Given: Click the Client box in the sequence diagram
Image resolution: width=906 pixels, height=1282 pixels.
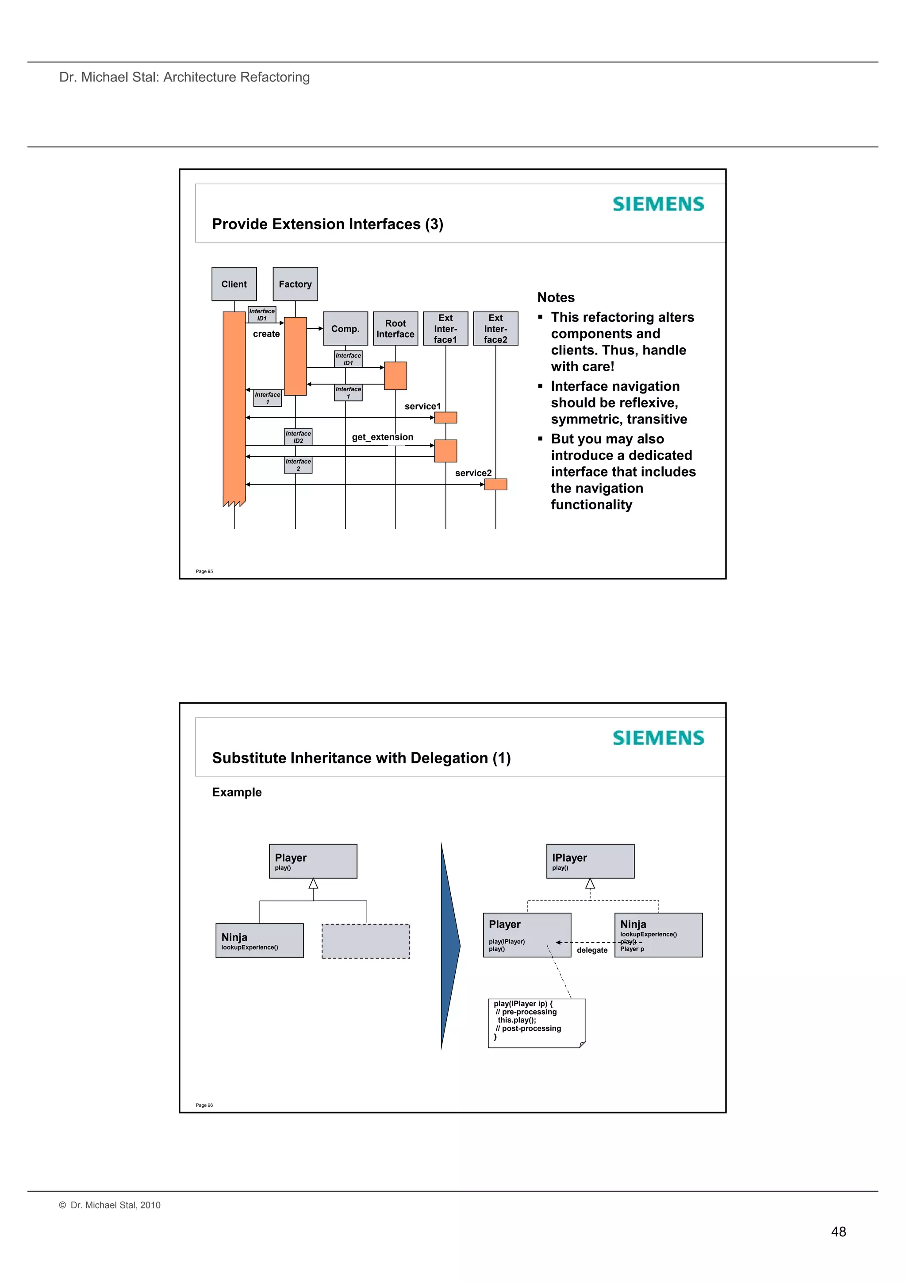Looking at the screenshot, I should tap(234, 284).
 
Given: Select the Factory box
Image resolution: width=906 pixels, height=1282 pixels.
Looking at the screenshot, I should tap(296, 284).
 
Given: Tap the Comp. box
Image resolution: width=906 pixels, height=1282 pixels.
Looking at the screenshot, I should tap(345, 329).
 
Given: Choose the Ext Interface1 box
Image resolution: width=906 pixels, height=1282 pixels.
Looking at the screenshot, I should tap(445, 329).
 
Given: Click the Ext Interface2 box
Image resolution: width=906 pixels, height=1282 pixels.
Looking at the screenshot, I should tap(496, 329).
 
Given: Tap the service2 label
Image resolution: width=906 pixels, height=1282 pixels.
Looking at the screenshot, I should tap(473, 473).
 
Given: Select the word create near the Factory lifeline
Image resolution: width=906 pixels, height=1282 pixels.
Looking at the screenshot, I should tap(266, 334).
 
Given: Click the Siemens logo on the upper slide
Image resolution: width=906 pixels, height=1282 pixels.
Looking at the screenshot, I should tap(658, 204).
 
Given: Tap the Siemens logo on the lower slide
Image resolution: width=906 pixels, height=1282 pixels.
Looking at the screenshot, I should tap(658, 738).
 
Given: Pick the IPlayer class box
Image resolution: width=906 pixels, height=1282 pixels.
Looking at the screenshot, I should tap(590, 861).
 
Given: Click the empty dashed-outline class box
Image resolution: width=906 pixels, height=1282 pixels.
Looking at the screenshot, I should tap(366, 941).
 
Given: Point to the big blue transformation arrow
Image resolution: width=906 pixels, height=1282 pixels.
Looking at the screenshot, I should tap(449, 946).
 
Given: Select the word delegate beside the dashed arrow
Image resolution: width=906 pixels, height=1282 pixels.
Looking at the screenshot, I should tap(592, 951).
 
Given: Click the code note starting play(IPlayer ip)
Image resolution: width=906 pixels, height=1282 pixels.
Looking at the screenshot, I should tap(537, 1023).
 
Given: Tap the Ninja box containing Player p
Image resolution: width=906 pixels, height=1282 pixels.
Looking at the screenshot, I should tap(658, 935).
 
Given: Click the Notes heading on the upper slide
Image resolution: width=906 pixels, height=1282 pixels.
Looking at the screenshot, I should tap(556, 298).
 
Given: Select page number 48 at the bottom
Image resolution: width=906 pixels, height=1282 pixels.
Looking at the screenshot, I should tap(838, 1232).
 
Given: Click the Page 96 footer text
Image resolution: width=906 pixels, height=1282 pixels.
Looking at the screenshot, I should tap(204, 1105).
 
